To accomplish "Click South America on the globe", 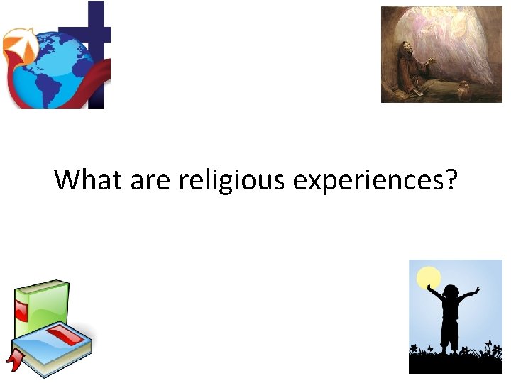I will coord(53,82).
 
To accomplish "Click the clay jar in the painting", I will coord(466,91).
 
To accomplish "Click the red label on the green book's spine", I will coord(21,311).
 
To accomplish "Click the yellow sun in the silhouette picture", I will coord(429,277).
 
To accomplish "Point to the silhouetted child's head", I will coord(451,292).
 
